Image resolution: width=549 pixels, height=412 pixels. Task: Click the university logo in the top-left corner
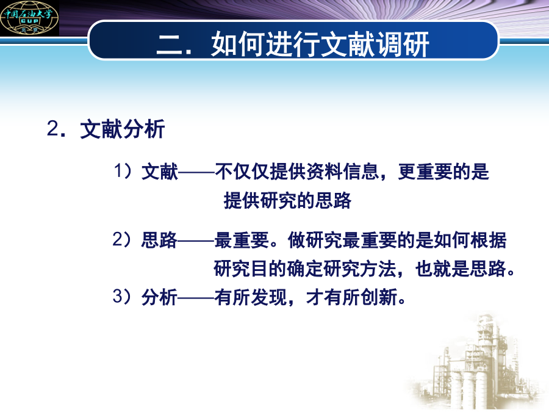29,18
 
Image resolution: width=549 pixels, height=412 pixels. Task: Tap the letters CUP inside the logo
29,21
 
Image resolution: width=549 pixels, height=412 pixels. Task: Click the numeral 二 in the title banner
170,45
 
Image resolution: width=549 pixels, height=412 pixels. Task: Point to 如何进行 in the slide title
265,44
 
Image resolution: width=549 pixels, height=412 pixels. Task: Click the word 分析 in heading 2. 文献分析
144,129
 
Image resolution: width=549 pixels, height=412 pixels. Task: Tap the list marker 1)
123,171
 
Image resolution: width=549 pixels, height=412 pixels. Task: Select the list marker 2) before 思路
122,240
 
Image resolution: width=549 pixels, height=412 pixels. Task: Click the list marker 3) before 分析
122,297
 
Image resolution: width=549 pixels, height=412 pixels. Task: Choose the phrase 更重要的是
443,172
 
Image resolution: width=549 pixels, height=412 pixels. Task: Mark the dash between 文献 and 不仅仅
196,172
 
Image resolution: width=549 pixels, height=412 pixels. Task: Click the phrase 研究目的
250,269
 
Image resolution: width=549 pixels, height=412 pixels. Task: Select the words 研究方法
360,269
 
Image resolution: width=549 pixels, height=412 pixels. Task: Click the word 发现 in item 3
269,297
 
